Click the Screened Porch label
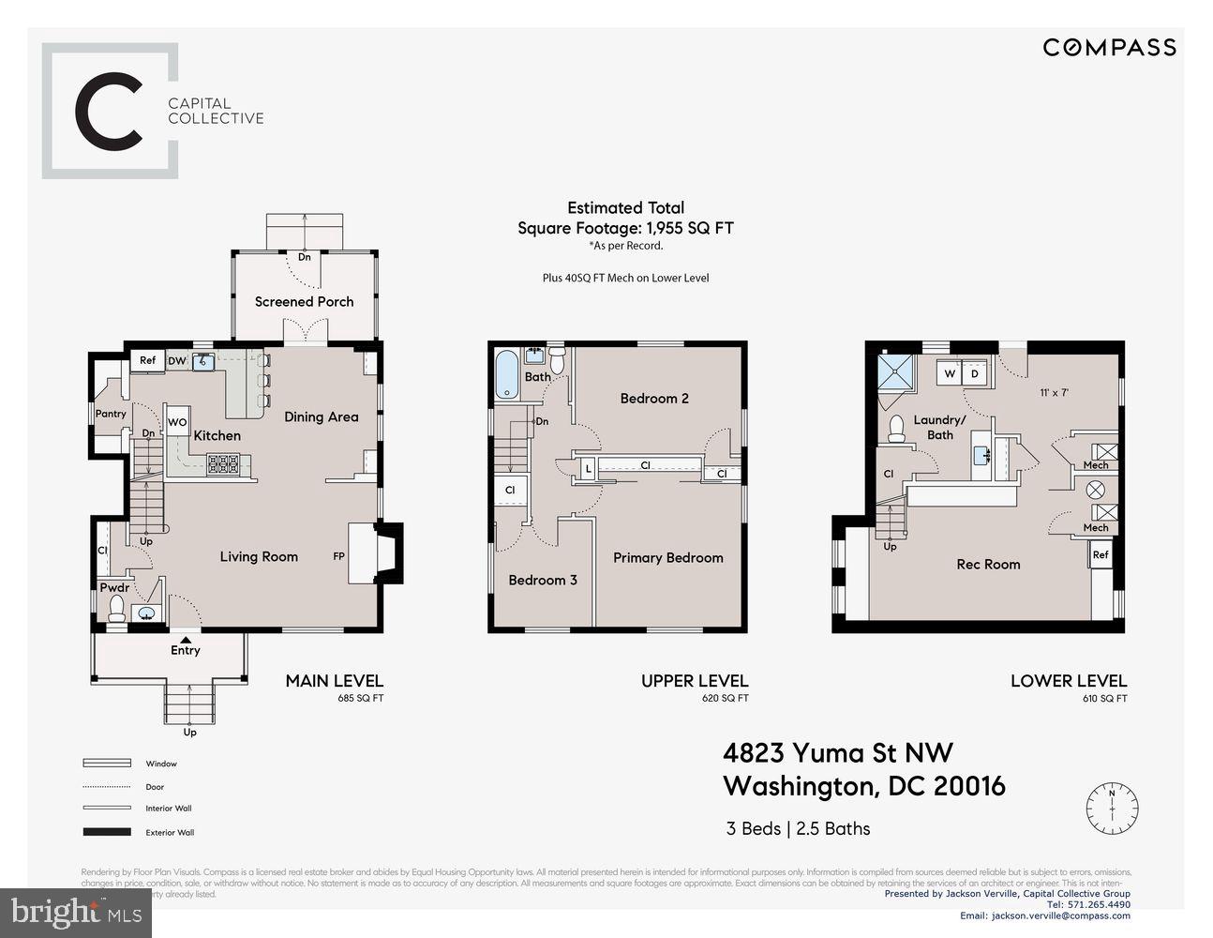click(x=304, y=301)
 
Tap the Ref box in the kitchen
click(x=147, y=360)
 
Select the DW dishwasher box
click(x=177, y=361)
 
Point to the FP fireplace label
click(x=338, y=556)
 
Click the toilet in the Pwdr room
click(x=117, y=613)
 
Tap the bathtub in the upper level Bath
click(x=506, y=376)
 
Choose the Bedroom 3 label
click(x=543, y=580)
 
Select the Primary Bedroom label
click(x=667, y=557)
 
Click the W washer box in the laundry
click(x=950, y=373)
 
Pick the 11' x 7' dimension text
click(x=1055, y=393)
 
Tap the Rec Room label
click(x=988, y=564)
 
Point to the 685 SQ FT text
click(x=360, y=699)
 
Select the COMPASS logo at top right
click(x=1110, y=47)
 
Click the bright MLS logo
click(x=76, y=910)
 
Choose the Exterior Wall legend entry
click(x=170, y=832)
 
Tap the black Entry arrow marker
click(x=186, y=639)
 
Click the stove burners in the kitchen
click(x=222, y=462)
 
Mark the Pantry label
click(x=111, y=414)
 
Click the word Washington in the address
click(x=797, y=786)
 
